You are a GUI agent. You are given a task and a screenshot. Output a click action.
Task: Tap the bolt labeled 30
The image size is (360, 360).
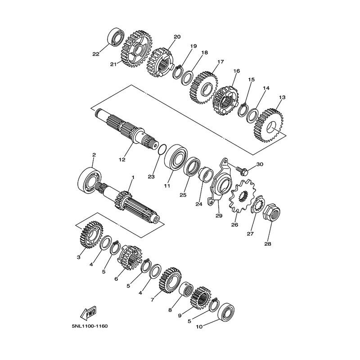click(x=242, y=170)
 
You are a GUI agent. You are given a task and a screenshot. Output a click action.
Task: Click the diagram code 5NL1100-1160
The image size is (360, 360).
click(x=90, y=326)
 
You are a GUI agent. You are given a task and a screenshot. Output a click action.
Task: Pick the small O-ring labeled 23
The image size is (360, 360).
click(x=162, y=150)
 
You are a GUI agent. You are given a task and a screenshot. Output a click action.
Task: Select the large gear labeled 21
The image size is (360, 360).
click(x=136, y=49)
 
